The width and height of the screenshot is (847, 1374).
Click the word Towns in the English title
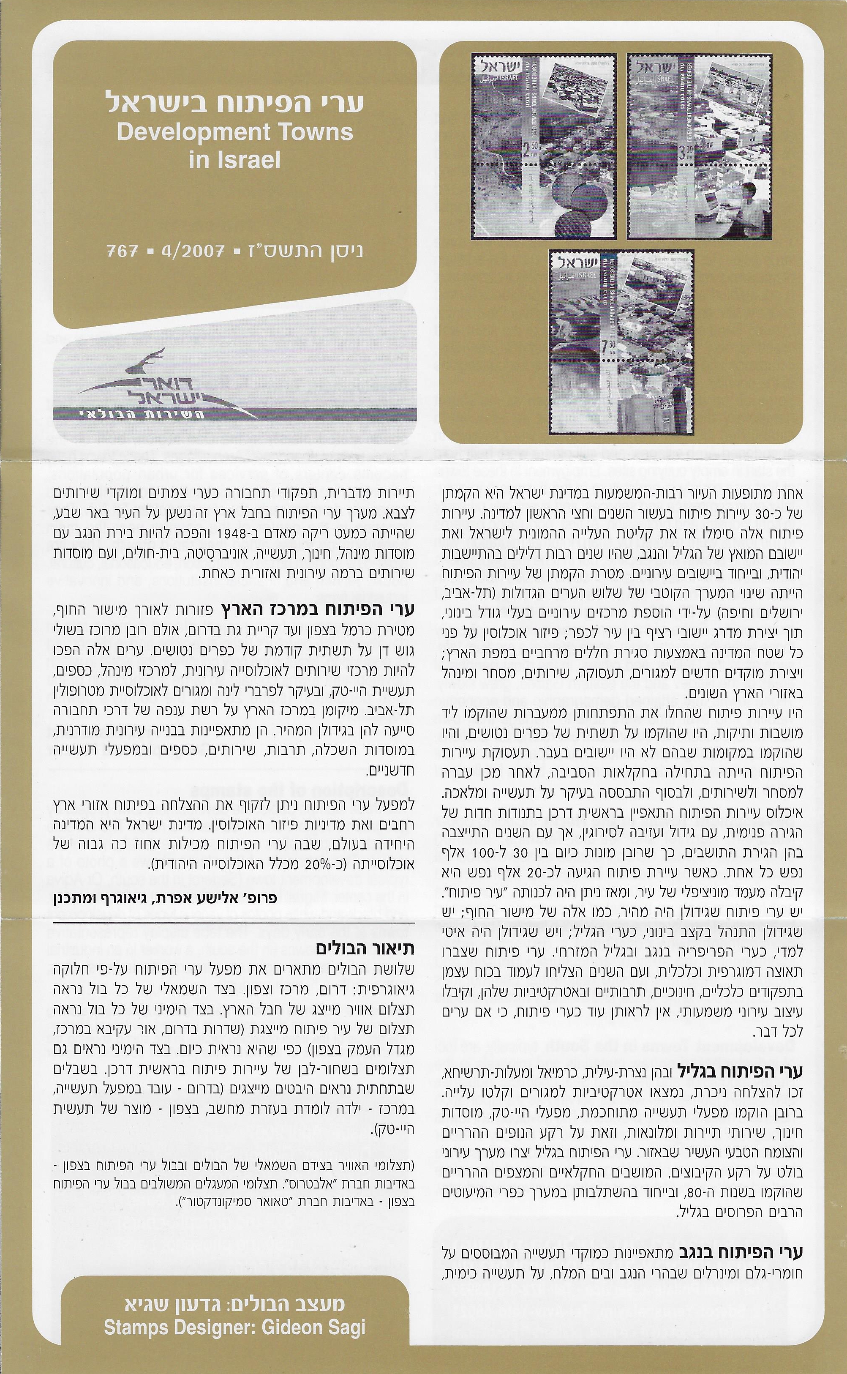pyautogui.click(x=321, y=133)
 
